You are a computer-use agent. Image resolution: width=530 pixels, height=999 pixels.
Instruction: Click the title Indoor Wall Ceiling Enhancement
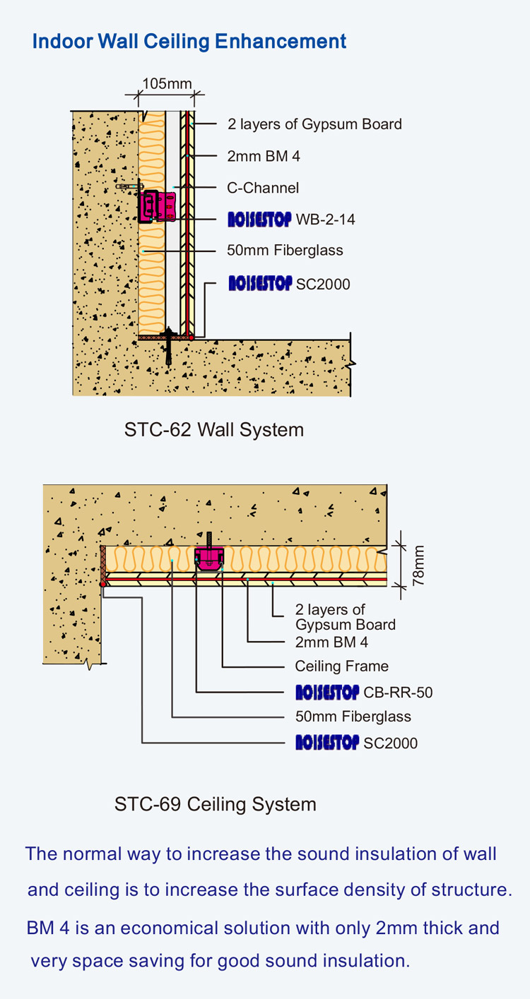189,41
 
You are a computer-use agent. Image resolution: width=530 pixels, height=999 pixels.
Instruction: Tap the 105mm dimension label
167,84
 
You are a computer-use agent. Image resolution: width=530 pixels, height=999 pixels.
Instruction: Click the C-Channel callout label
263,188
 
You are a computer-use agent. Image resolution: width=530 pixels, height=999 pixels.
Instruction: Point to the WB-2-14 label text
325,220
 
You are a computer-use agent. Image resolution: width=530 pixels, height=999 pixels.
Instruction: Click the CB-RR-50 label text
398,693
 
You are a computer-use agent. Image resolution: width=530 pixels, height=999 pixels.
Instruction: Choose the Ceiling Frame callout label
341,666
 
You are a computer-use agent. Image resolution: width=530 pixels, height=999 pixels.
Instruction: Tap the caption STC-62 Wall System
214,429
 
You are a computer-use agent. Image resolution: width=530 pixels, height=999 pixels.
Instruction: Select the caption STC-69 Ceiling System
215,804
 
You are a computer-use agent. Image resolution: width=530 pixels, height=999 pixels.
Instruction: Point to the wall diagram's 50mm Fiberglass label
285,250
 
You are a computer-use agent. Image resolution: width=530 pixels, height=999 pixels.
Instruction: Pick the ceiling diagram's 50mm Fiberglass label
353,717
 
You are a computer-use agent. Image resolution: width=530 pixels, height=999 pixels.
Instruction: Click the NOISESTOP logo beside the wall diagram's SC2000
259,284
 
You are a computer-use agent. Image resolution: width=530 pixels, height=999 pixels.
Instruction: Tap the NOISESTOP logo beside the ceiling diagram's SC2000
327,743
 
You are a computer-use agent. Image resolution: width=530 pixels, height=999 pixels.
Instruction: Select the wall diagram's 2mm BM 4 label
264,156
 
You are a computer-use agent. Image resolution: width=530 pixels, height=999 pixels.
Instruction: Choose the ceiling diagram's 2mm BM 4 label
331,642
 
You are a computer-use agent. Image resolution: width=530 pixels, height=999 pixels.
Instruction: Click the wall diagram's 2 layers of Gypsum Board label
314,124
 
